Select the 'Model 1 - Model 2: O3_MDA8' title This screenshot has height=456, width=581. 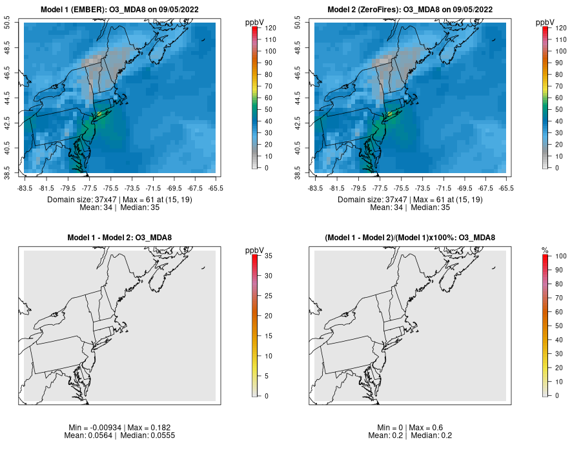pos(119,238)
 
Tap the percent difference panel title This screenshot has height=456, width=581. pos(410,238)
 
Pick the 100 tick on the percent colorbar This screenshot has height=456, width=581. pos(562,256)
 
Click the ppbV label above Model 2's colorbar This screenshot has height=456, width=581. pos(545,23)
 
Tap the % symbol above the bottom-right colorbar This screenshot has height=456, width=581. pos(545,250)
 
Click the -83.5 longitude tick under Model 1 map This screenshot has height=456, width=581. pos(25,188)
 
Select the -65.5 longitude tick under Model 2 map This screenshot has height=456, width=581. pos(507,188)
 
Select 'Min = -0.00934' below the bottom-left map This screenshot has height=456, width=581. pos(94,428)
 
